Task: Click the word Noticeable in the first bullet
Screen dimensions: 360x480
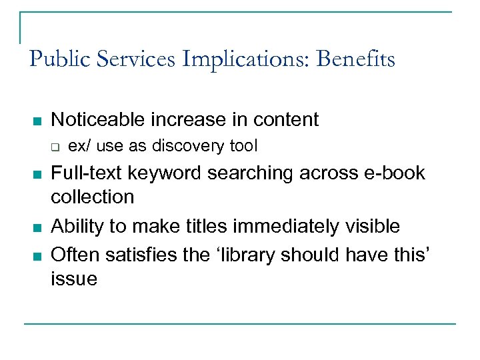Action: coord(98,120)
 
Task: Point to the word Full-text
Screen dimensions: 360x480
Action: coord(87,173)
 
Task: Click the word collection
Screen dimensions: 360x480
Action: coord(93,197)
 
